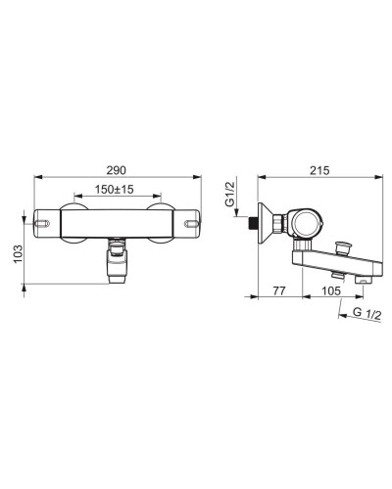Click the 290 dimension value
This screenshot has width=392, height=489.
pyautogui.click(x=117, y=170)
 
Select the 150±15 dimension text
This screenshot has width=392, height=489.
pyautogui.click(x=114, y=190)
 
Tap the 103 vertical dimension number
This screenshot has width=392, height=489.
pyautogui.click(x=18, y=253)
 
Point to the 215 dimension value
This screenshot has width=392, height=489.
pyautogui.click(x=319, y=170)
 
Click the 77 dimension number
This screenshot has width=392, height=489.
pyautogui.click(x=279, y=290)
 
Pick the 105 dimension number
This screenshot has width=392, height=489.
pyautogui.click(x=330, y=290)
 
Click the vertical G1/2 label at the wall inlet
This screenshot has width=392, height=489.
pyautogui.click(x=229, y=194)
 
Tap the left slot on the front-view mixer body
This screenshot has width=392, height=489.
pyautogui.click(x=42, y=223)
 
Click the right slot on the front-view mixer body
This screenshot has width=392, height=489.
pyautogui.click(x=192, y=223)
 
